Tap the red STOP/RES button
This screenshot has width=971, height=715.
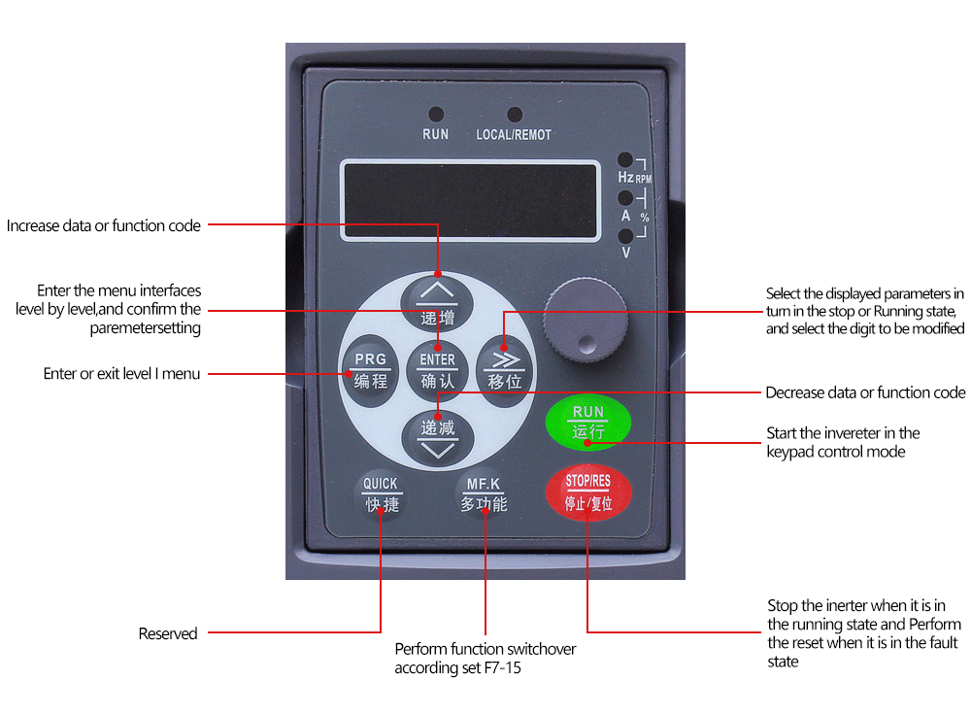tap(586, 492)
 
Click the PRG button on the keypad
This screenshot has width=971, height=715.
tap(370, 370)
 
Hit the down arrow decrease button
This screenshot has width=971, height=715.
tap(437, 437)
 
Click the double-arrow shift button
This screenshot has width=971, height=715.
tap(505, 370)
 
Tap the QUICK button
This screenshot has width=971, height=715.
tap(381, 494)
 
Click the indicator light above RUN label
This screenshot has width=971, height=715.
tap(436, 115)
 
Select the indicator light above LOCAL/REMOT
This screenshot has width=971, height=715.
tap(514, 115)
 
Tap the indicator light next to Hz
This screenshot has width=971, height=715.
tap(625, 160)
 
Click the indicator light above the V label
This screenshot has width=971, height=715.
tap(625, 235)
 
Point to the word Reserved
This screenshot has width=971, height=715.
tap(168, 633)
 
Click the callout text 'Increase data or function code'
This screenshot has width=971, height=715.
tap(104, 225)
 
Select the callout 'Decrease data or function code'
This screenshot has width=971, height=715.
tap(865, 392)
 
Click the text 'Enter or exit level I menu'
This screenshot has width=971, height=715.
tap(122, 373)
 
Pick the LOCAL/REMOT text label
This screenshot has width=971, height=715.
tap(514, 135)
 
